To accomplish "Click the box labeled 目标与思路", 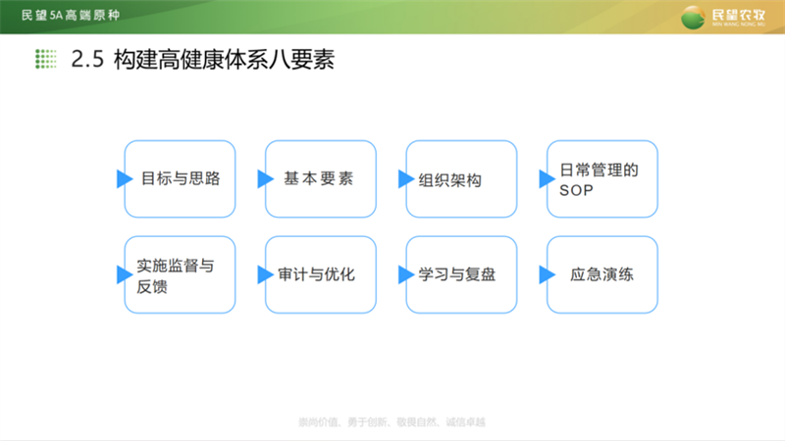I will tap(180, 178).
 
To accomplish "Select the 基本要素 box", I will tap(321, 178).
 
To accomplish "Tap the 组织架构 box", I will tap(461, 178).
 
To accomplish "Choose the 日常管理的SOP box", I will tap(602, 178).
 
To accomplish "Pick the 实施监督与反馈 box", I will tap(180, 274).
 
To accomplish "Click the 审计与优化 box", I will tap(321, 274).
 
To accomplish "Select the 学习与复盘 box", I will tap(461, 274).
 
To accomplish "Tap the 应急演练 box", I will tap(602, 274).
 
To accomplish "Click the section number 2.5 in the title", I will tap(87, 60).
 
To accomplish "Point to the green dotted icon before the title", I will tap(45, 60).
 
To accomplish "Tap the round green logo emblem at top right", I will tap(694, 17).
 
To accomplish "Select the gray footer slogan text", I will tap(392, 422).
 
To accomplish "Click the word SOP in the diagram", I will tap(576, 189).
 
